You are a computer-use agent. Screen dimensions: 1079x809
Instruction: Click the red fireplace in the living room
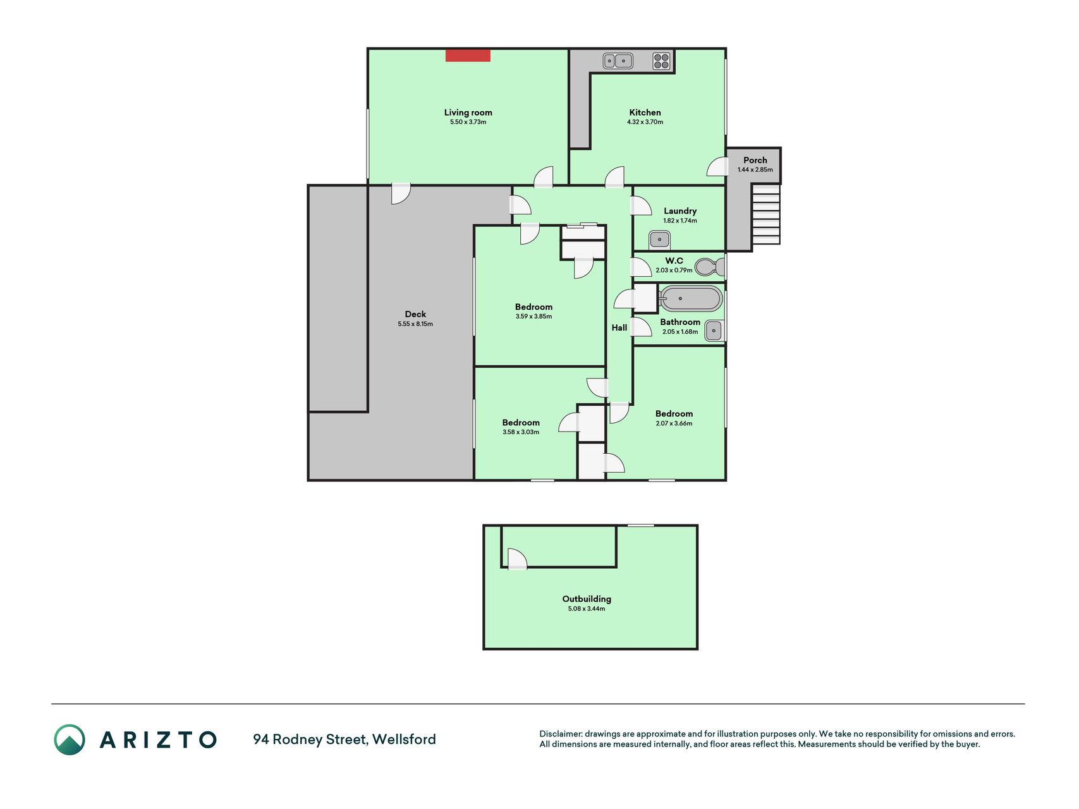(468, 56)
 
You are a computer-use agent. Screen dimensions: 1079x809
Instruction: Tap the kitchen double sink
(618, 61)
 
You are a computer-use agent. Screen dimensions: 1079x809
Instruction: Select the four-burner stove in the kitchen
(661, 61)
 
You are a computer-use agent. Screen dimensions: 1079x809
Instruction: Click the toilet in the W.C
(710, 267)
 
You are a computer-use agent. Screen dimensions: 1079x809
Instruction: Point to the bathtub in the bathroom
(690, 298)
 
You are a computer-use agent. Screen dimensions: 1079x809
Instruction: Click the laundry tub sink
(659, 240)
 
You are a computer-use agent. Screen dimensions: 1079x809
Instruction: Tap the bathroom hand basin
(714, 331)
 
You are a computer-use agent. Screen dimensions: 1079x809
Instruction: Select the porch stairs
(765, 214)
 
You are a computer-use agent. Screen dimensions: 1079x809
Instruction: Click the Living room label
(468, 113)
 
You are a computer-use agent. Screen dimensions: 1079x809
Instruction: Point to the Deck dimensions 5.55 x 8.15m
(415, 324)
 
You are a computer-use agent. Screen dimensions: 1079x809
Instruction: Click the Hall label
(619, 327)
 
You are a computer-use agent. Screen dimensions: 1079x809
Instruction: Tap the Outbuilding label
(587, 599)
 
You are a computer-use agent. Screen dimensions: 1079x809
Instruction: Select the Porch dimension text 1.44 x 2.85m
(755, 169)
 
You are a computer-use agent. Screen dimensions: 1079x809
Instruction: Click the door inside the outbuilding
(517, 559)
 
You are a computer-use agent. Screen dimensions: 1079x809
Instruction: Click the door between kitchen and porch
(717, 166)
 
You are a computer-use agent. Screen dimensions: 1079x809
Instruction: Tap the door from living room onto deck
(401, 194)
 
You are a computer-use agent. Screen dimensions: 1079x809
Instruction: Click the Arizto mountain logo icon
(70, 739)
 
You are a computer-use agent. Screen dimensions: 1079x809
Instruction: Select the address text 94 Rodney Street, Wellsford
(344, 739)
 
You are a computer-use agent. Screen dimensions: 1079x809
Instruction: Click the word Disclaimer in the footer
(561, 734)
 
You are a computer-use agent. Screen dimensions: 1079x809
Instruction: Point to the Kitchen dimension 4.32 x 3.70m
(645, 122)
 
